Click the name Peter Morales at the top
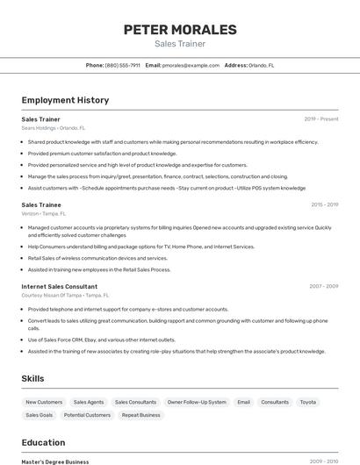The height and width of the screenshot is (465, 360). [180, 30]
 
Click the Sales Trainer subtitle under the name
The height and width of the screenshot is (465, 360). [180, 43]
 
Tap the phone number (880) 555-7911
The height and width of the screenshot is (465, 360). [122, 65]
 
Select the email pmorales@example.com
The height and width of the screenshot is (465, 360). [191, 65]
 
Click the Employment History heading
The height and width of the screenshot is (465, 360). [65, 100]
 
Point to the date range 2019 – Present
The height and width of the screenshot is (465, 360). [321, 118]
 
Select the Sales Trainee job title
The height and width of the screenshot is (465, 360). [40, 204]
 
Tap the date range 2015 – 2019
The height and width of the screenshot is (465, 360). [324, 204]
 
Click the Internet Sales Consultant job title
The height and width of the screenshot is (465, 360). [60, 286]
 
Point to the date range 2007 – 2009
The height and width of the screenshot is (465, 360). [323, 286]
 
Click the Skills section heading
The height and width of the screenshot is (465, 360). [33, 378]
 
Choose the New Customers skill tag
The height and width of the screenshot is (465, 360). [44, 402]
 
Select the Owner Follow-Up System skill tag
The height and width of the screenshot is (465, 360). [197, 402]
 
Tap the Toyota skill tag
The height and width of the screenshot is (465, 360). [308, 402]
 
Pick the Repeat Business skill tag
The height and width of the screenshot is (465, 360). [141, 415]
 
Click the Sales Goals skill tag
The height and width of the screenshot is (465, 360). [40, 415]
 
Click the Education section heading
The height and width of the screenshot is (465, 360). [43, 442]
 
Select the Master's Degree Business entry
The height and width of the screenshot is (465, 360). [55, 461]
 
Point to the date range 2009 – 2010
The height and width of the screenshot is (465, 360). [323, 461]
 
